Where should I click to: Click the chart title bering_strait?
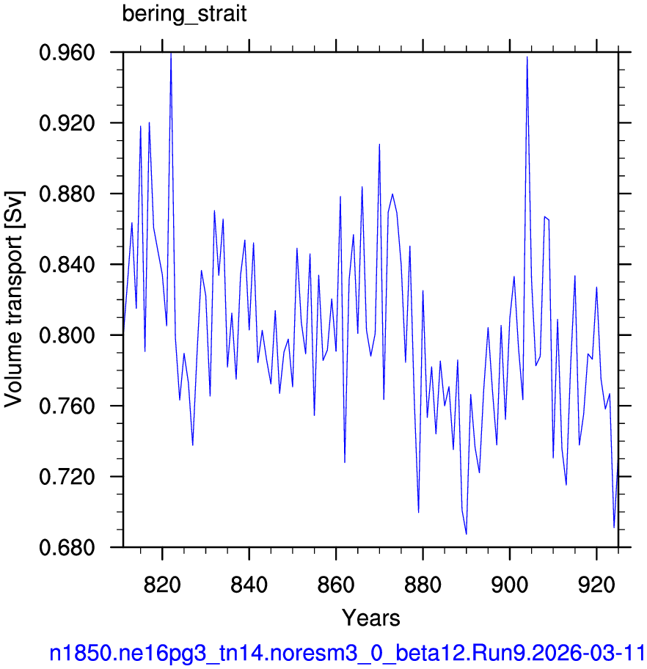point(184,14)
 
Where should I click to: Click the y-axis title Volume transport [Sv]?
point(14,299)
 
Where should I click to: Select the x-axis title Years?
point(371,618)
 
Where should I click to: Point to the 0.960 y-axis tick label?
point(67,53)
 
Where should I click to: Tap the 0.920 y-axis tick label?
point(67,123)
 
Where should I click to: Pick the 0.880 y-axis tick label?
point(67,194)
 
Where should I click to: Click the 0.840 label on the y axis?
point(67,265)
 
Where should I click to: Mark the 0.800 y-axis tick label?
point(67,335)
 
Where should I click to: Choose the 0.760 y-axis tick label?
point(67,406)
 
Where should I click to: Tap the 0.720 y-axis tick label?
point(67,477)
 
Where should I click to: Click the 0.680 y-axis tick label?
point(67,547)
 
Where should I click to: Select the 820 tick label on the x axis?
point(162,584)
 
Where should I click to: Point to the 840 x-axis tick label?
point(249,584)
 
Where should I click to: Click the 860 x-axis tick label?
point(336,584)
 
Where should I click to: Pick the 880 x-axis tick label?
point(423,584)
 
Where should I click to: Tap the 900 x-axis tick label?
point(510,584)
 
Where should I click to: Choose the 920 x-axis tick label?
point(596,584)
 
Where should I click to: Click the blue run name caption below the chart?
point(347,653)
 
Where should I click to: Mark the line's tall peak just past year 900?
point(527,57)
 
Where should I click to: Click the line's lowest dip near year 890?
point(467,534)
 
